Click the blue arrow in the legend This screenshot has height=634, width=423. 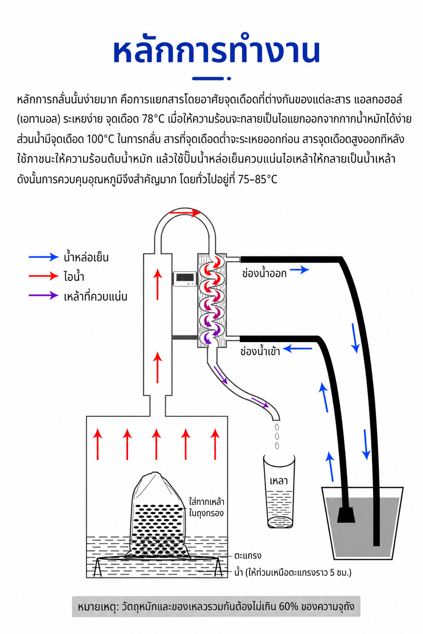pos(43,257)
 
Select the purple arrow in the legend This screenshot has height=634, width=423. pos(43,296)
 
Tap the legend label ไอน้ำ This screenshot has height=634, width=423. pos(74,276)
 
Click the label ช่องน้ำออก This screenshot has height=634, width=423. pos(264,273)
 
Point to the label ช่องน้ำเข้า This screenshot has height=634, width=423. pos(260,351)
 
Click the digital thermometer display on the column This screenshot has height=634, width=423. pos(185,279)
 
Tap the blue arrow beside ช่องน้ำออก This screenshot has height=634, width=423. pos(299,269)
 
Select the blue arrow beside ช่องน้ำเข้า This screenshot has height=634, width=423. pos(297,348)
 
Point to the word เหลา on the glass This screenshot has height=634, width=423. pos(278,480)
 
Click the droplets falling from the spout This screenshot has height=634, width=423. pos(277,436)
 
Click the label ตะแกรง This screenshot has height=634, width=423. pos(248,555)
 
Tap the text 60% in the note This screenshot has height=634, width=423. pos(288,606)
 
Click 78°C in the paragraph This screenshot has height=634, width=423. pos(153,119)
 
